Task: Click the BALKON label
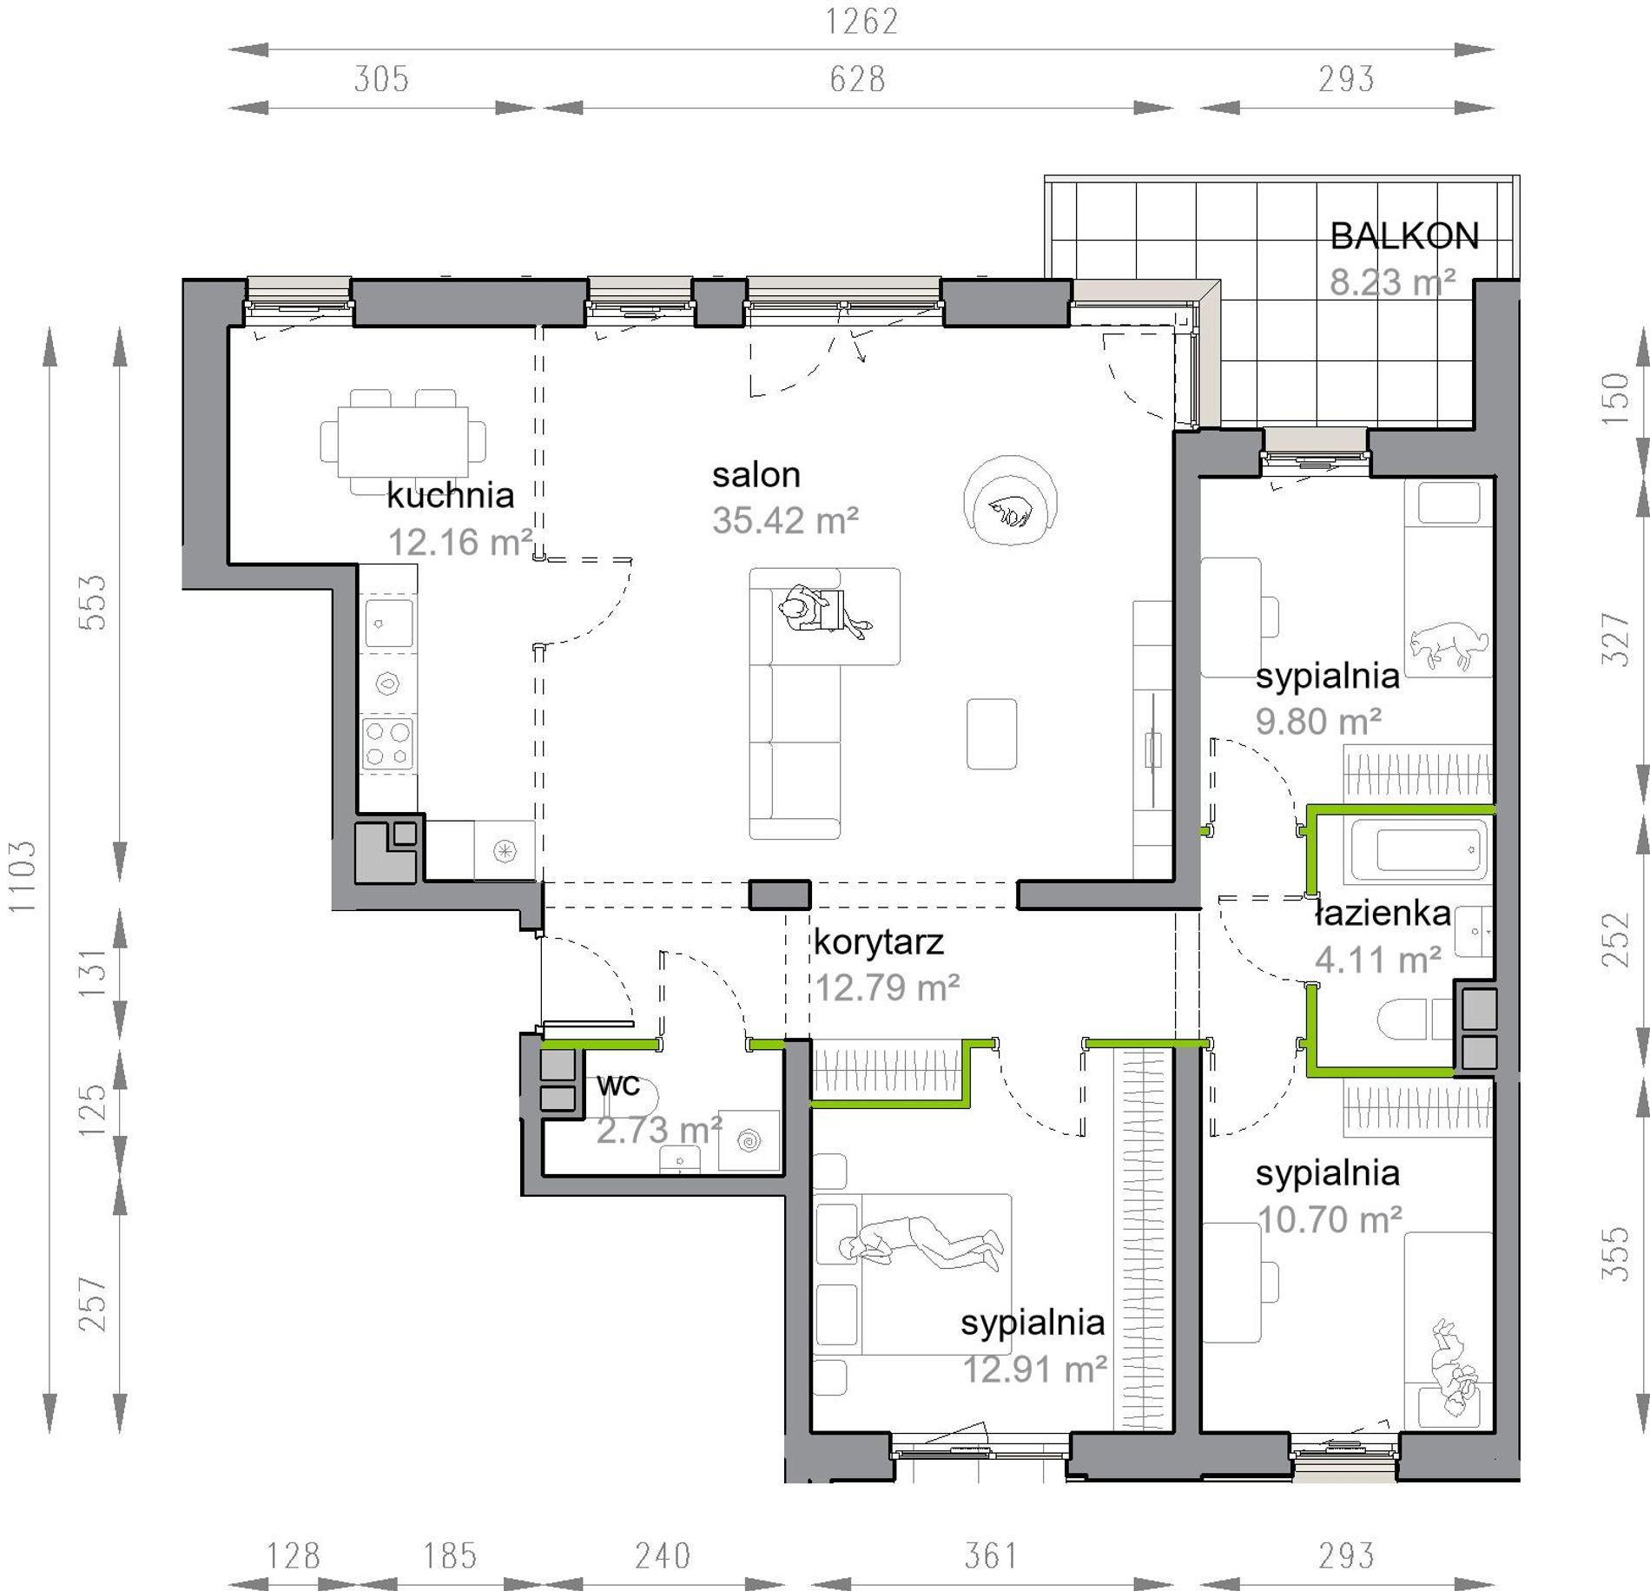(1404, 236)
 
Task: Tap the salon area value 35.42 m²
(785, 521)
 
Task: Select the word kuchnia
(450, 495)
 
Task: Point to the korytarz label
(878, 942)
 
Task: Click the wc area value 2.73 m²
(659, 1130)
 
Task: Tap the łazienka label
(1382, 914)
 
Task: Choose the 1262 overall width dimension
(861, 22)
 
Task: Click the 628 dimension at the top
(857, 79)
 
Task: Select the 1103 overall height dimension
(23, 876)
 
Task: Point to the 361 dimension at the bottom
(992, 1555)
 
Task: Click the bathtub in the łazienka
(1419, 848)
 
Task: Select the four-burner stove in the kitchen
(388, 743)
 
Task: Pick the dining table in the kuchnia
(403, 441)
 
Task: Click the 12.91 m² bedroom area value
(1034, 1370)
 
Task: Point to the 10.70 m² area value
(1330, 1220)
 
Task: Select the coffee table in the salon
(992, 734)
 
